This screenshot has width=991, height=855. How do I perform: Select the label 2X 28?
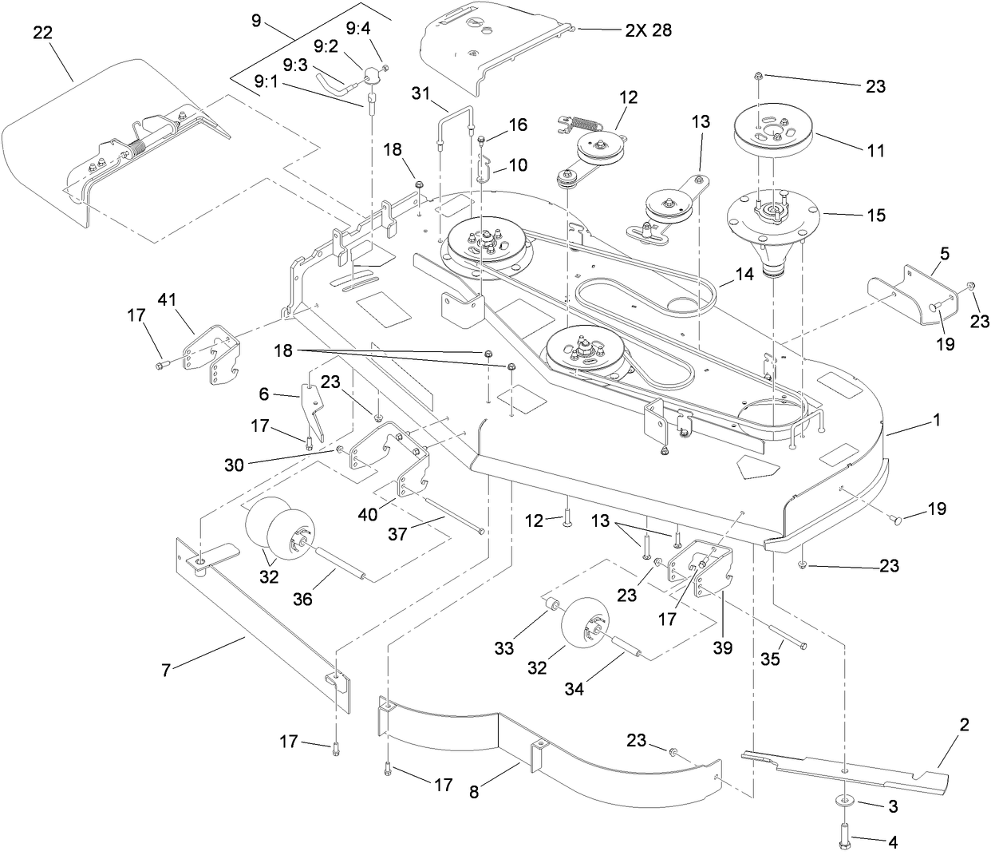[x=648, y=30]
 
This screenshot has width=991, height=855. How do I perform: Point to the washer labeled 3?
[x=845, y=802]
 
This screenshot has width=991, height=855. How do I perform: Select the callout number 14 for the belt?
[x=744, y=273]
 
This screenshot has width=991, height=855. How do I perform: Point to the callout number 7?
[x=166, y=670]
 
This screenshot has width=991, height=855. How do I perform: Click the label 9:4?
[x=358, y=29]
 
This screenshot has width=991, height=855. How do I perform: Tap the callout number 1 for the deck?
[x=937, y=418]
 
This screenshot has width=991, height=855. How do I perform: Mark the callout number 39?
[x=722, y=647]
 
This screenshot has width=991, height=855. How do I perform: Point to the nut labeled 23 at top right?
[x=758, y=76]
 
